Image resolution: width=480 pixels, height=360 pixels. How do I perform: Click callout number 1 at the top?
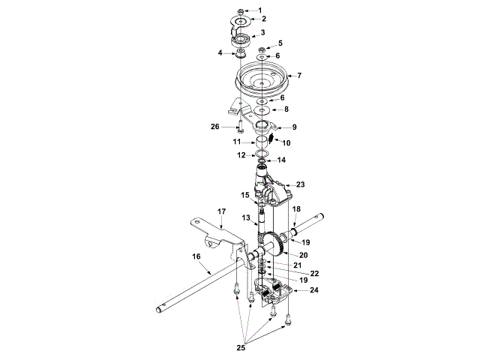tap(259, 10)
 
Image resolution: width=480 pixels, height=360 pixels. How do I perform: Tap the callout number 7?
tap(298, 76)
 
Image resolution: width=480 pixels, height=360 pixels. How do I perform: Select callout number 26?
tap(214, 127)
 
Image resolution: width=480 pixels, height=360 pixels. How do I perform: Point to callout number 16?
tap(197, 256)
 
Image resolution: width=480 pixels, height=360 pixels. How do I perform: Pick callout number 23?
tap(300, 183)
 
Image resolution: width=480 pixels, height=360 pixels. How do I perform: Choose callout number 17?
tap(222, 211)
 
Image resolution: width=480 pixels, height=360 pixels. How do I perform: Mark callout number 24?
tap(313, 289)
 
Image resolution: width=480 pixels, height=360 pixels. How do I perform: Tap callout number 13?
tap(245, 217)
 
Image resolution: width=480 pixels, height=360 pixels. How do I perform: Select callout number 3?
tap(262, 33)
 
